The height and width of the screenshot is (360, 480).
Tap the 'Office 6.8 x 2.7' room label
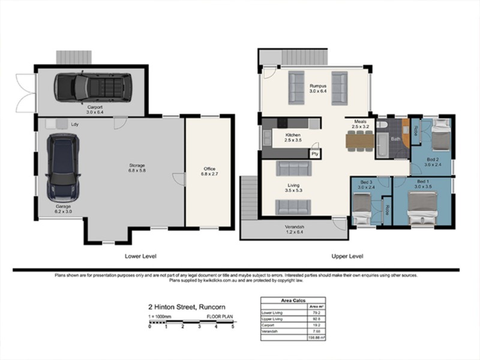[209, 172]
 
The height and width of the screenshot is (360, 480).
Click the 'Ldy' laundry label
[75, 124]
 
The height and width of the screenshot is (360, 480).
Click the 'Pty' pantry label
[314, 154]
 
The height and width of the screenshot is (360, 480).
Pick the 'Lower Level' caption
[140, 256]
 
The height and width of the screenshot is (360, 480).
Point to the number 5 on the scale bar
[232, 327]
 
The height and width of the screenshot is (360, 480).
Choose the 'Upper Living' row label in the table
[274, 319]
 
